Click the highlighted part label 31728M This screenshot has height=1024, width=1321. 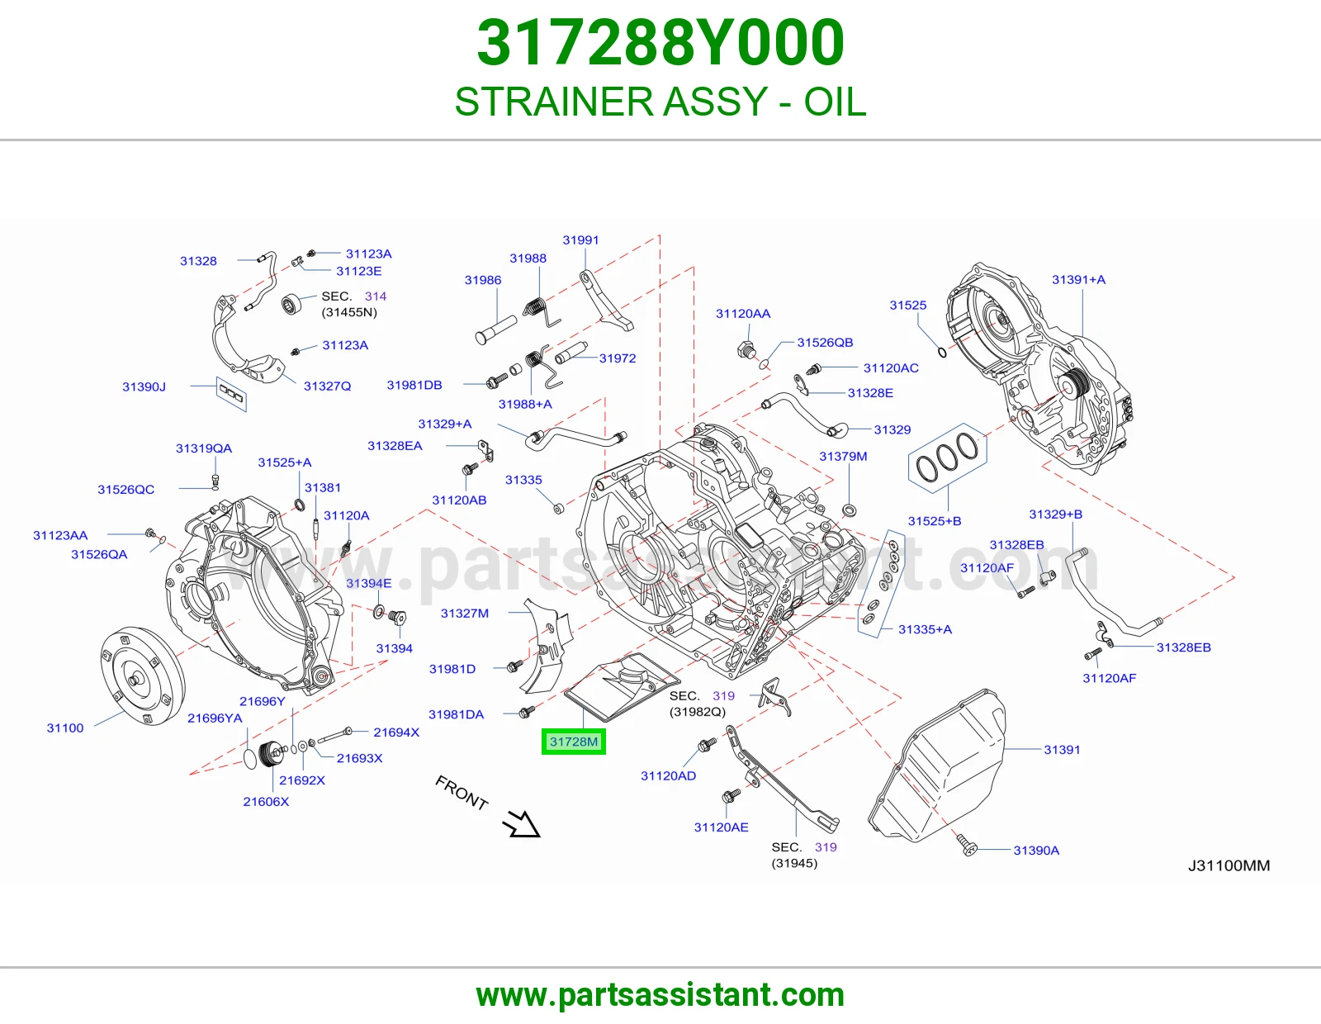(x=573, y=742)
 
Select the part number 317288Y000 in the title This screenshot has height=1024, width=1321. (x=660, y=42)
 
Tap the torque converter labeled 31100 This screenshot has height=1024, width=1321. (x=142, y=676)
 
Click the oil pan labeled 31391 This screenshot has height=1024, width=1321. (x=937, y=766)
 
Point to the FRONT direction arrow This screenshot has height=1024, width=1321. (x=521, y=824)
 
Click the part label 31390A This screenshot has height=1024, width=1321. (x=1036, y=850)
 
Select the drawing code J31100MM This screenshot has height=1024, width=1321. (x=1229, y=866)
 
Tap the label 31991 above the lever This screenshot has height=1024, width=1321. (x=580, y=240)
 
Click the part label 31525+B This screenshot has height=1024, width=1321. (x=935, y=521)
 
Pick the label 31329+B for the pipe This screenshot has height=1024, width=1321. (x=1055, y=514)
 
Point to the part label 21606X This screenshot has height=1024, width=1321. (x=266, y=801)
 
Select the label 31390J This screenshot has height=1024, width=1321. (x=144, y=386)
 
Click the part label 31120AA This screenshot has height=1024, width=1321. (x=743, y=314)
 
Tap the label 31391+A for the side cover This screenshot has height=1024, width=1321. (x=1078, y=280)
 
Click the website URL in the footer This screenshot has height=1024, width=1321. (x=660, y=995)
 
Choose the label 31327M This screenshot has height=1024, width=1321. (x=465, y=613)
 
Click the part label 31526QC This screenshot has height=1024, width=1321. (x=125, y=490)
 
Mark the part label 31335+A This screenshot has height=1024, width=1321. (x=926, y=629)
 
